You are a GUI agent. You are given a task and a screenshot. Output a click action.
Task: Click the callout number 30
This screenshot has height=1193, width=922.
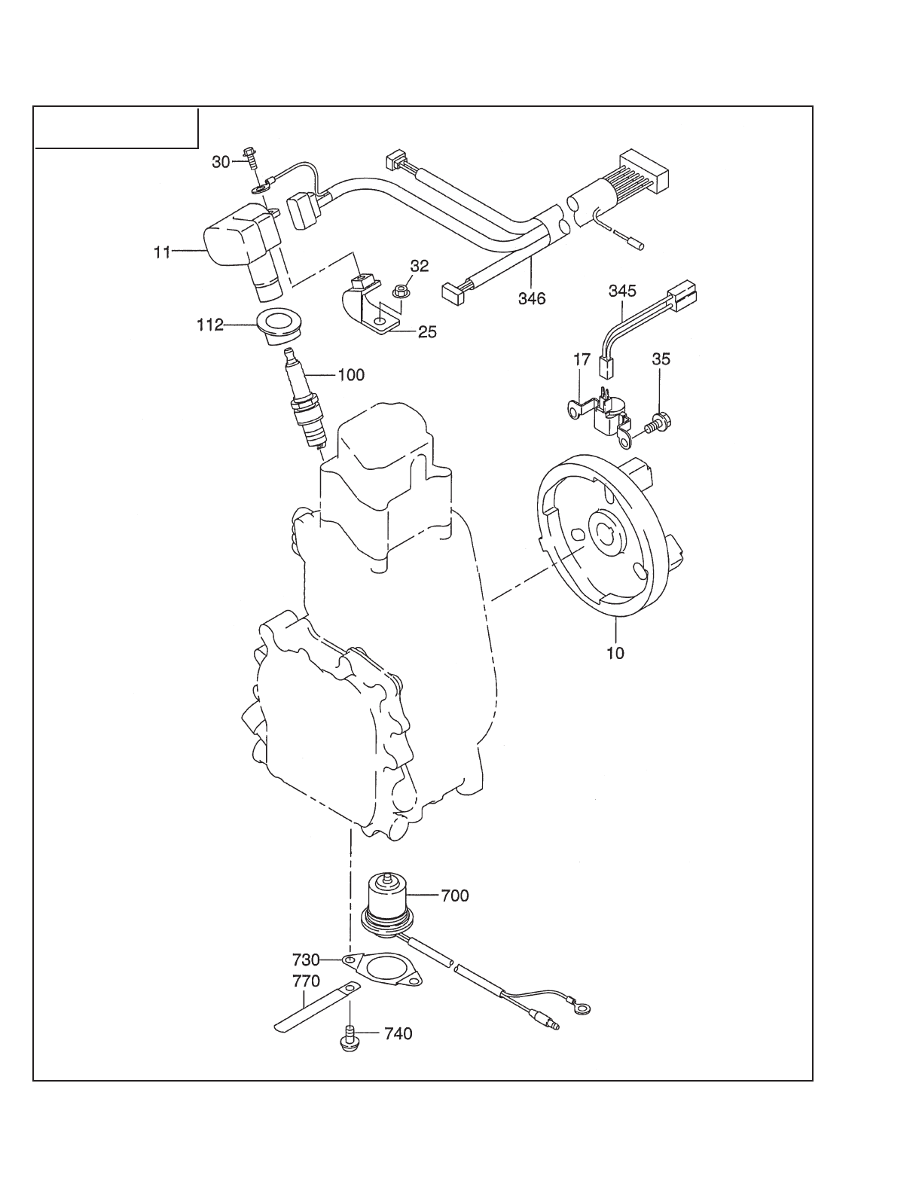221,162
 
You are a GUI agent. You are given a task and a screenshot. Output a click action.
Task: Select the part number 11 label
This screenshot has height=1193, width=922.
162,252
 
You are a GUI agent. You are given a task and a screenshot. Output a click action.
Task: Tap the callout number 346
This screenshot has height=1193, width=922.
532,298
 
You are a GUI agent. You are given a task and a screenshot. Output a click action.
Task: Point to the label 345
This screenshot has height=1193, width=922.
622,291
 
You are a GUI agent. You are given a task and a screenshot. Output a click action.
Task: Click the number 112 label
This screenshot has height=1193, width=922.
210,325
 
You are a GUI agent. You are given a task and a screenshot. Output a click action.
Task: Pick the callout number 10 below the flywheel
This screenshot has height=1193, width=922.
615,653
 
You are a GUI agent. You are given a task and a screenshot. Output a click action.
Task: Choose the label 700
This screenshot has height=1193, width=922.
455,896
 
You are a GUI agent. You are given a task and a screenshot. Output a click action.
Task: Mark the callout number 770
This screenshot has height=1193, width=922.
306,980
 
